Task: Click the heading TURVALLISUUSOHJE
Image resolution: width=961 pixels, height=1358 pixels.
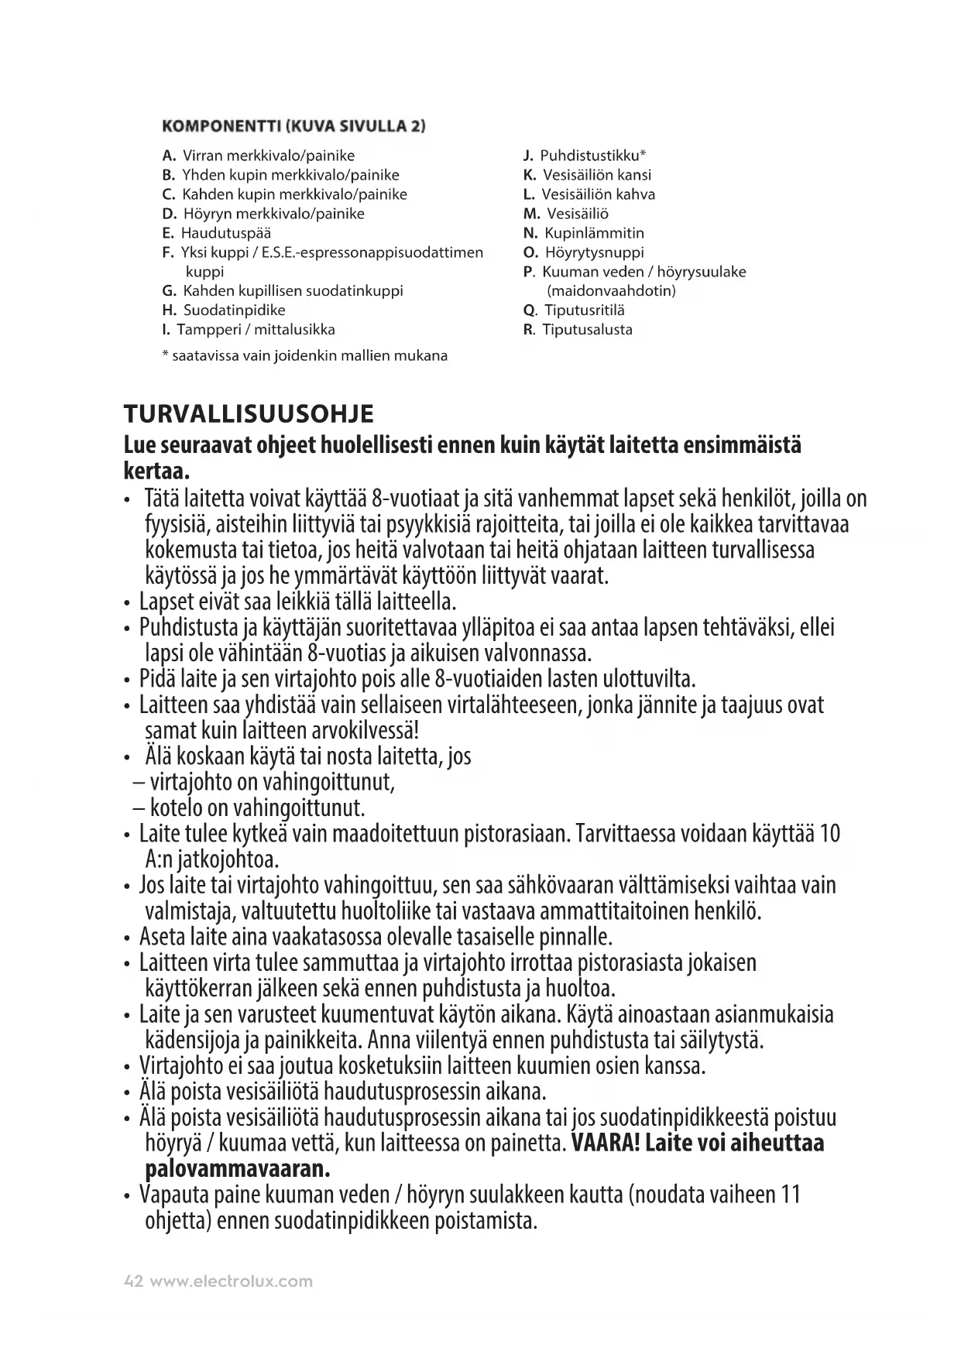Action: (x=249, y=414)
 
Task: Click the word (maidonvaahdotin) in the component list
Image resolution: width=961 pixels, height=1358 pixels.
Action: (x=611, y=291)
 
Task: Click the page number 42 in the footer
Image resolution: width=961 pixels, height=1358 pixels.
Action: (x=133, y=1281)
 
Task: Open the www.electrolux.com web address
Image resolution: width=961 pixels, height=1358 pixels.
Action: (x=231, y=1281)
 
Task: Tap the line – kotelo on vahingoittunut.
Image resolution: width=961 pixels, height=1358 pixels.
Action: (x=249, y=808)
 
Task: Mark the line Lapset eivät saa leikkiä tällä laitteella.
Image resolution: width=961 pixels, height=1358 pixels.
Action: (x=298, y=602)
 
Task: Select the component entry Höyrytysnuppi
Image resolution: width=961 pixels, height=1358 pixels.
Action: (x=594, y=252)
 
